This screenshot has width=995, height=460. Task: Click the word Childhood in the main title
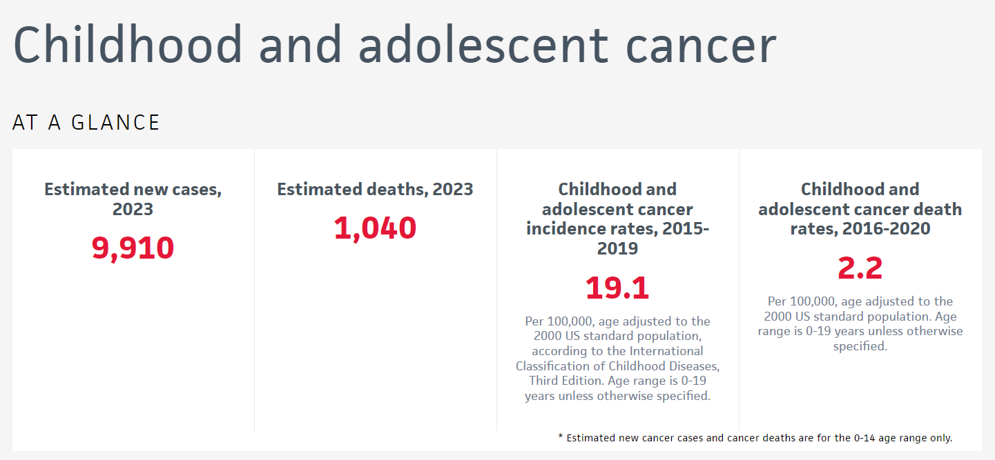tap(128, 46)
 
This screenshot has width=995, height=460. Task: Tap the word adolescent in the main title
tap(483, 46)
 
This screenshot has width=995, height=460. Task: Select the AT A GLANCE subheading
tap(86, 123)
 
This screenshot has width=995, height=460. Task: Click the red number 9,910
tap(133, 248)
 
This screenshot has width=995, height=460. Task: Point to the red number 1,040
tap(375, 228)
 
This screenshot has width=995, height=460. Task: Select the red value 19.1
tap(617, 288)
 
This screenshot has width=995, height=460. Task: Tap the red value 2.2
tap(860, 268)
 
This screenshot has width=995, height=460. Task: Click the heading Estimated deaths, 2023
tap(375, 189)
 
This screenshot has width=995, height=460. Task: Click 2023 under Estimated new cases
tap(133, 209)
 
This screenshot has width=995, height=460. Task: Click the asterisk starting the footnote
tap(560, 438)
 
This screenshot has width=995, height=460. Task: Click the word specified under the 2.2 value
tap(860, 346)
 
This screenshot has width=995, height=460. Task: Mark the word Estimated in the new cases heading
tap(86, 189)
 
